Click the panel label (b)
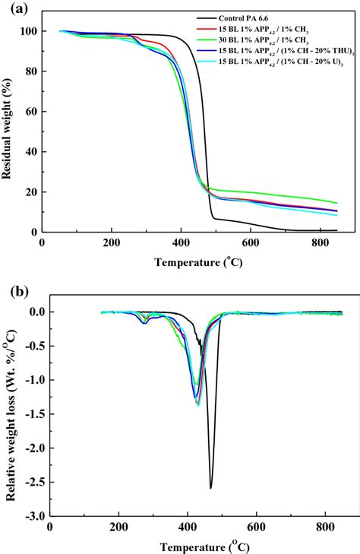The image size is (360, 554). tap(14, 290)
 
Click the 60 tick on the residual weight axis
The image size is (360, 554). tap(32, 112)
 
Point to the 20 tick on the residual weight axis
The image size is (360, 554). tap(32, 192)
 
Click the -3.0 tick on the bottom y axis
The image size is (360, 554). tap(30, 516)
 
